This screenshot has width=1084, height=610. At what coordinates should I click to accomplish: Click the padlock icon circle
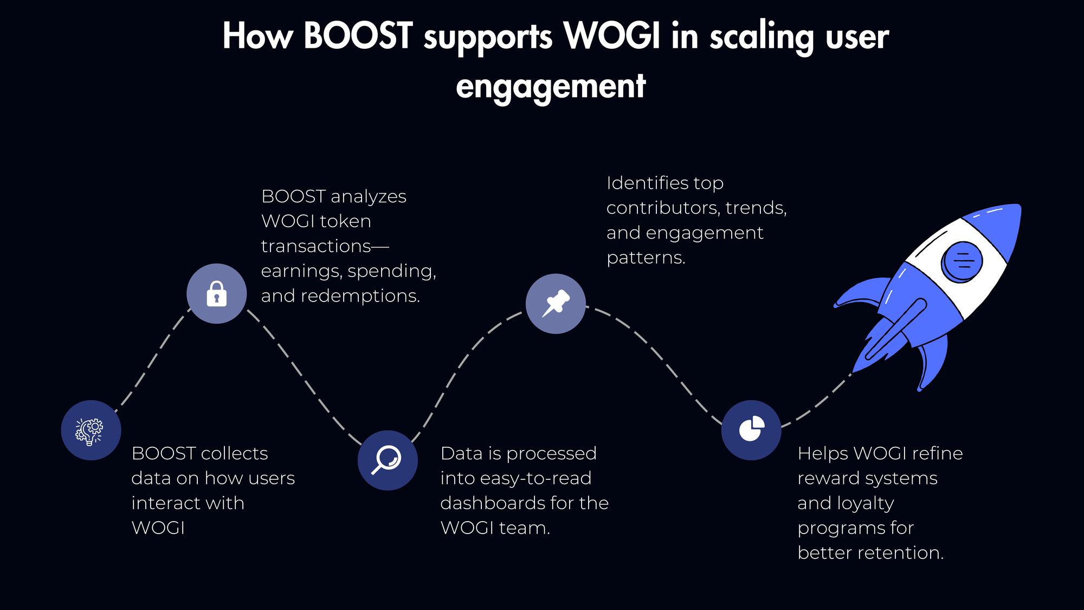[217, 293]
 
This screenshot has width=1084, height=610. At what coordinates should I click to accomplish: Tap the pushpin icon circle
[556, 304]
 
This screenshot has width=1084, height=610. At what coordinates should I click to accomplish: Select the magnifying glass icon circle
[388, 460]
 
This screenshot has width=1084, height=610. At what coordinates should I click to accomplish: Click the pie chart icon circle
[751, 430]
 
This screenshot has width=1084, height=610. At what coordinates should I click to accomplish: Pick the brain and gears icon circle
[91, 430]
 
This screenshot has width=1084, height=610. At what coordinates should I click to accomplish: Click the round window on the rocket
[962, 261]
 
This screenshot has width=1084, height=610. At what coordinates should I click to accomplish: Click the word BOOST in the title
[358, 36]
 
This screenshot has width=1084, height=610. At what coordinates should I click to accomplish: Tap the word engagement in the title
[551, 86]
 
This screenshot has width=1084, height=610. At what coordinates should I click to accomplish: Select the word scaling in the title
[762, 37]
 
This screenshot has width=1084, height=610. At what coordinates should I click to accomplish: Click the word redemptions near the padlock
[360, 296]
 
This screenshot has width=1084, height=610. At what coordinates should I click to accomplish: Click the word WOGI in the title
[612, 36]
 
